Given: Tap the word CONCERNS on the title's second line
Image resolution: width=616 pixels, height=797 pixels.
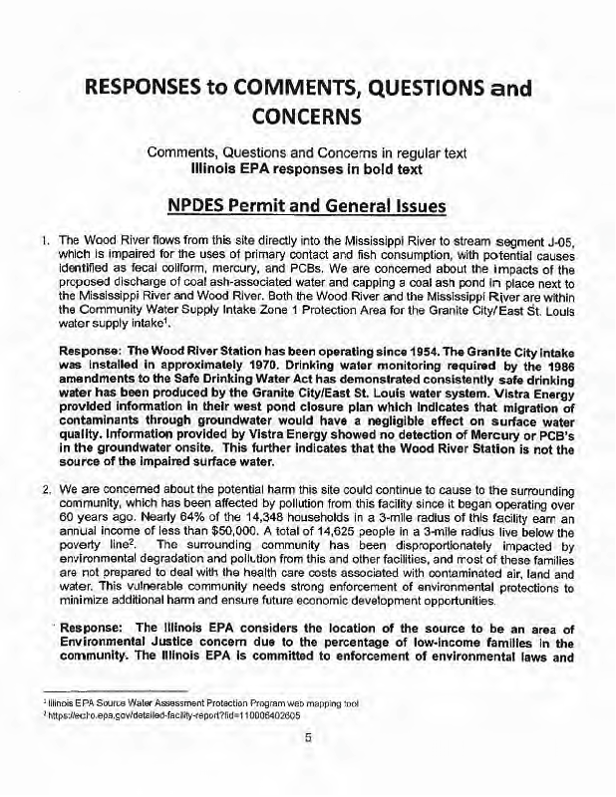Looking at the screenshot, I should (308, 119).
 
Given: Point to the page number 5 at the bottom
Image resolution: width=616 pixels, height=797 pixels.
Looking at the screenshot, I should (308, 738).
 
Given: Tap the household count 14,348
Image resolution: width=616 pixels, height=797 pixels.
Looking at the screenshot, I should (223, 528).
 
